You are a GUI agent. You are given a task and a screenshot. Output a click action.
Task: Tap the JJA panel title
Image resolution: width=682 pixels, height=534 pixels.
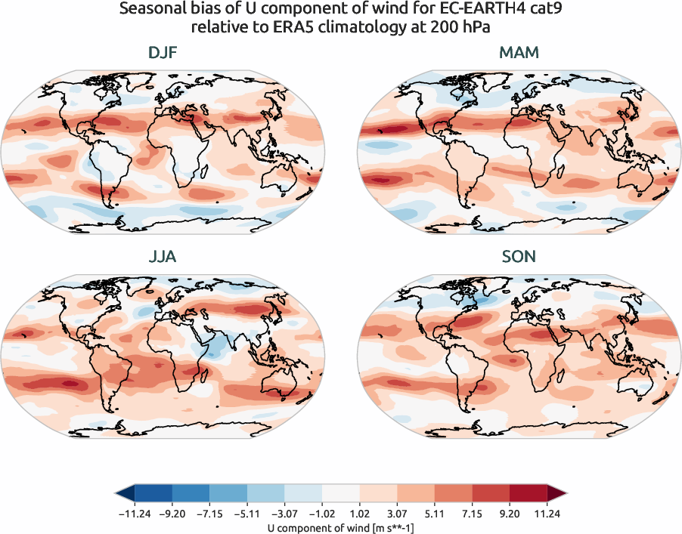click(163, 257)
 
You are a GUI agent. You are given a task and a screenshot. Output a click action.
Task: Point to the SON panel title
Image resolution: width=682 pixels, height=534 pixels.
click(519, 257)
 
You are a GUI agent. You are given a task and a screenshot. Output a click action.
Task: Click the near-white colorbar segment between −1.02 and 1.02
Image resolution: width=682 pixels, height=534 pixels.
click(341, 494)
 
